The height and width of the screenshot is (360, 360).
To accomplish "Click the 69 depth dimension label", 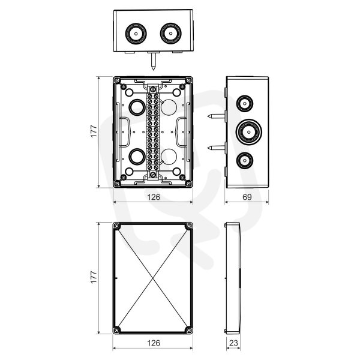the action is [247, 197].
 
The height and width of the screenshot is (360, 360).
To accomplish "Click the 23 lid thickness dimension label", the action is [233, 343].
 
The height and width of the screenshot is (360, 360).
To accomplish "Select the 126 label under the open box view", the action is [154, 197].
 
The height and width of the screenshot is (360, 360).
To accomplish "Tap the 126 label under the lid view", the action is [154, 343].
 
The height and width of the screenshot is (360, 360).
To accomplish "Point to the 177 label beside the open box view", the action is [94, 131].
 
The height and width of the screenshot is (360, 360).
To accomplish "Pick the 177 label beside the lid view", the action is [94, 277].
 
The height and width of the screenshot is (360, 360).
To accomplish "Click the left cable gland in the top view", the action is [136, 34].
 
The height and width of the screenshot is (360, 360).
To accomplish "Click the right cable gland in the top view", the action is [170, 34].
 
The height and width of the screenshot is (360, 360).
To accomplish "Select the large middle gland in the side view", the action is [249, 132].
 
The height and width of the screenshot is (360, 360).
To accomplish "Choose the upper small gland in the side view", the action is [245, 104].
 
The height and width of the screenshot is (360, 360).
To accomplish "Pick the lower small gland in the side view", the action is [245, 160].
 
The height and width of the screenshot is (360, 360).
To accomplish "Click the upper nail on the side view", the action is [216, 116].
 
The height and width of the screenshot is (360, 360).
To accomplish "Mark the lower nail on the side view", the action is [216, 148].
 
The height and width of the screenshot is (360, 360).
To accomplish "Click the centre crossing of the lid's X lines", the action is [153, 278].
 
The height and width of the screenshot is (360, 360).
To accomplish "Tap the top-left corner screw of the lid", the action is [116, 226].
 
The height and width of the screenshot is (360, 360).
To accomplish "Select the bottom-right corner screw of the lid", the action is [189, 331].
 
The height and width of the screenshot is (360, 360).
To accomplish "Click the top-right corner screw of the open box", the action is [189, 80].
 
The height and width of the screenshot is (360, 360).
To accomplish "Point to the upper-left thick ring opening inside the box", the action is [137, 107].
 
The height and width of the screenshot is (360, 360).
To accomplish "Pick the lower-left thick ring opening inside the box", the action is [137, 157].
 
